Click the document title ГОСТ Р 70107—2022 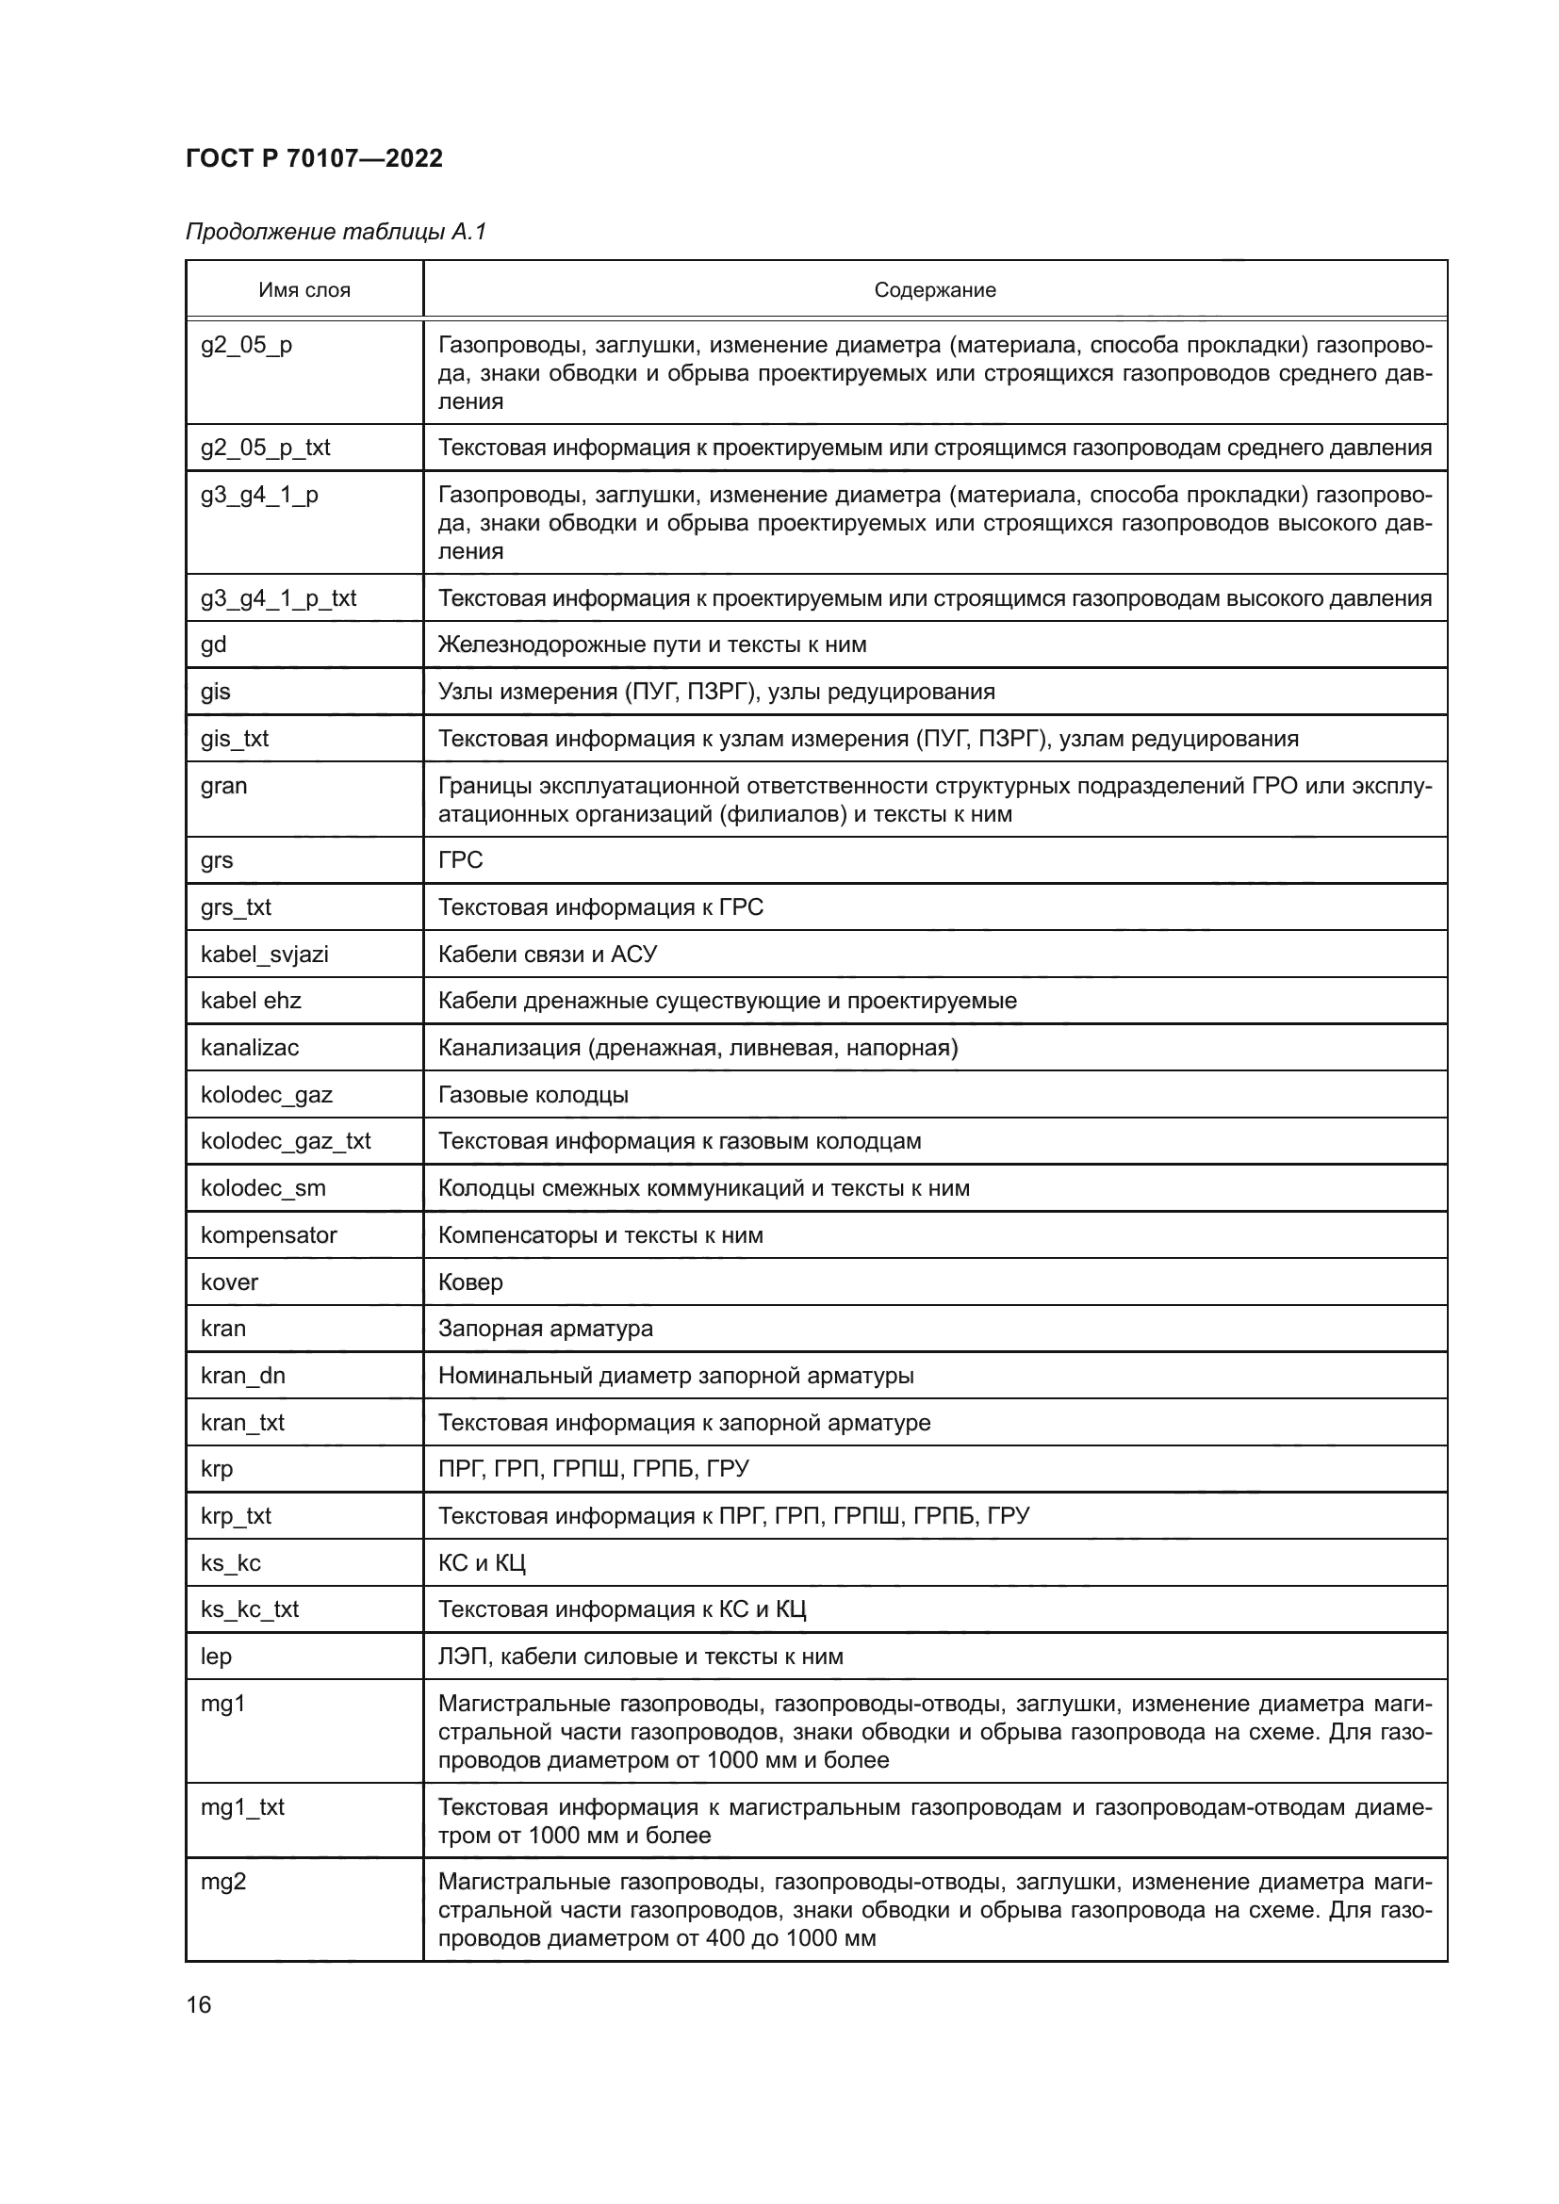pyautogui.click(x=314, y=158)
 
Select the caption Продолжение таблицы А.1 pyautogui.click(x=336, y=232)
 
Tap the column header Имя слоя pyautogui.click(x=304, y=290)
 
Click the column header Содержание pyautogui.click(x=934, y=290)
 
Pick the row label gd pyautogui.click(x=213, y=645)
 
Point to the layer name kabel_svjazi pyautogui.click(x=264, y=954)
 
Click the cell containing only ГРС pyautogui.click(x=461, y=859)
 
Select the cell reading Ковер pyautogui.click(x=470, y=1282)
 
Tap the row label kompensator pyautogui.click(x=269, y=1234)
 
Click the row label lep pyautogui.click(x=216, y=1656)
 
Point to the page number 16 pyautogui.click(x=199, y=2004)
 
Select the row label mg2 pyautogui.click(x=222, y=1882)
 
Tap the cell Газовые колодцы pyautogui.click(x=533, y=1094)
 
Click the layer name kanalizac pyautogui.click(x=250, y=1047)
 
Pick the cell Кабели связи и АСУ pyautogui.click(x=548, y=954)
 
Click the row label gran pyautogui.click(x=223, y=785)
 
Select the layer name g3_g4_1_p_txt pyautogui.click(x=278, y=598)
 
